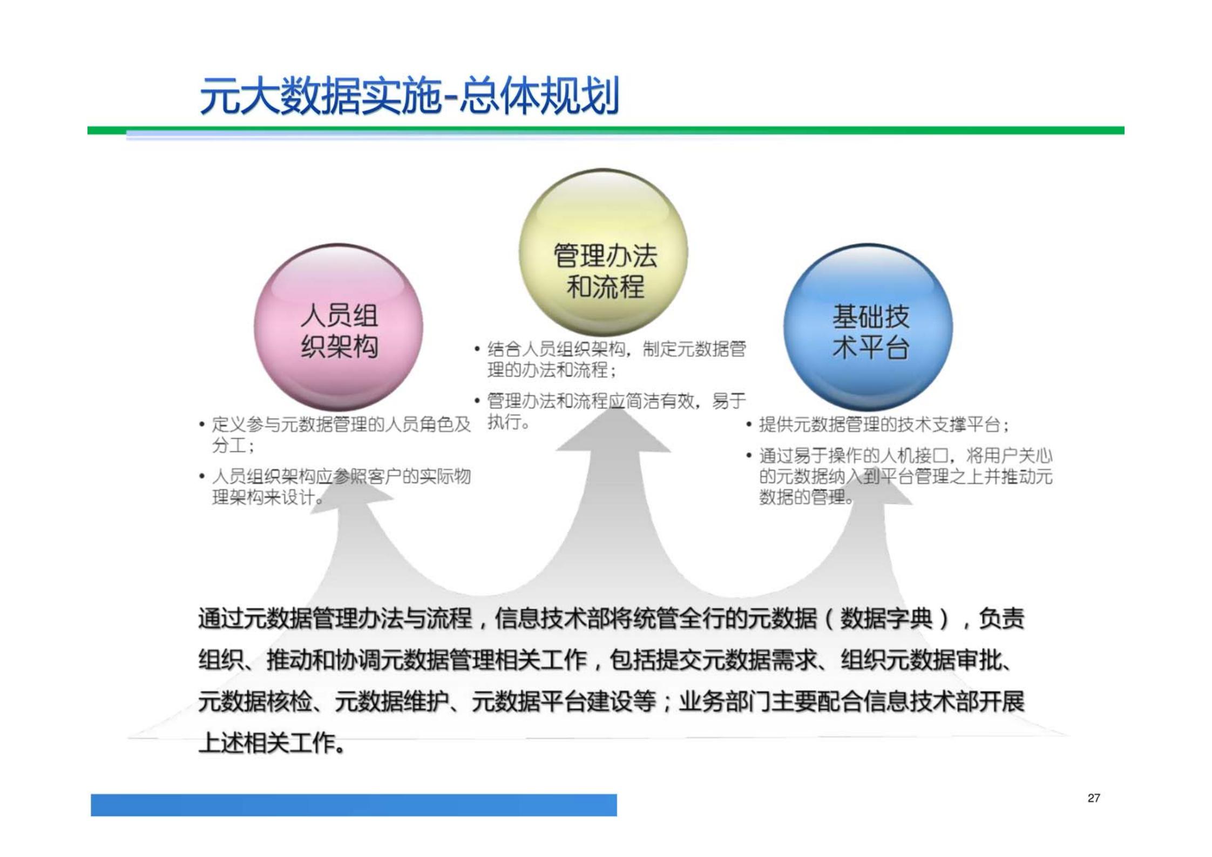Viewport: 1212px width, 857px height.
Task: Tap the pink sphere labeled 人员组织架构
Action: coord(338,327)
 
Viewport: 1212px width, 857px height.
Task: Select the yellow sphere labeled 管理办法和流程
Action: coord(604,252)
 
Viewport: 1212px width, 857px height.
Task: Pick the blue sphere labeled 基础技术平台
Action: coord(868,327)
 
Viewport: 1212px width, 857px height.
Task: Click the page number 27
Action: coord(1094,798)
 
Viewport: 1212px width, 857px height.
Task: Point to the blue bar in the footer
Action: coord(354,805)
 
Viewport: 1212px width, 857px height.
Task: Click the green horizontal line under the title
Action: coord(605,130)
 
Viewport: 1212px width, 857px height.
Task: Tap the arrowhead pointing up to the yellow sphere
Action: coord(614,432)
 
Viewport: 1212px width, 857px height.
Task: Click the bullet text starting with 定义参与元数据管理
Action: coord(340,435)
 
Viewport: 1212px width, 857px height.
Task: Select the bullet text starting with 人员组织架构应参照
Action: coord(340,487)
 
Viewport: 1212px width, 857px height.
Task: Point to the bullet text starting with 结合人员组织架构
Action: coord(615,359)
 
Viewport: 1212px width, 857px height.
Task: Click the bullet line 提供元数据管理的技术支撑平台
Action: coord(883,425)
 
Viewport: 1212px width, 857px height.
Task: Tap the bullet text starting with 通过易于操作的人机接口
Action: coord(905,476)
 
